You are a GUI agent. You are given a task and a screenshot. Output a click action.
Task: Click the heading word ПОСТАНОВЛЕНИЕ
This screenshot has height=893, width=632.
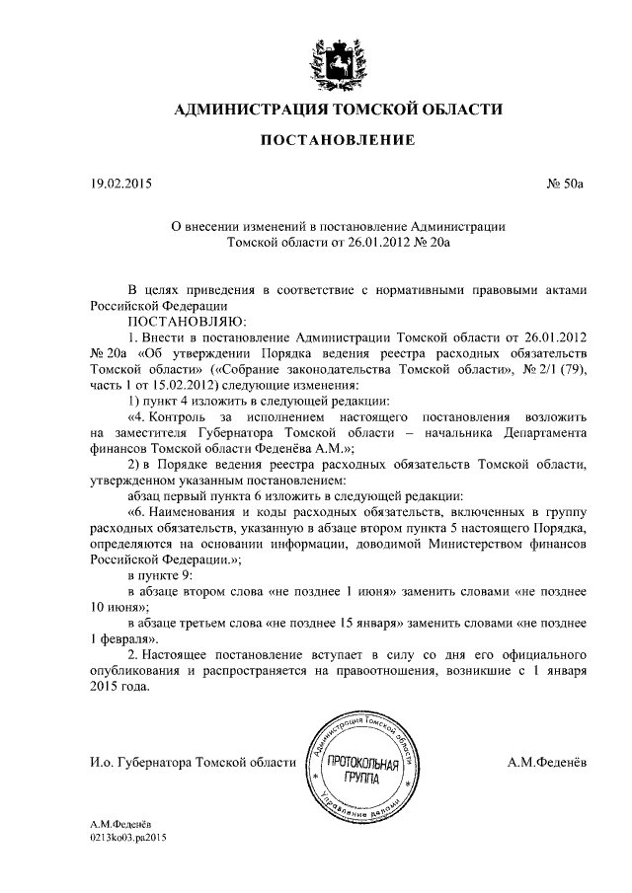(337, 142)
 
